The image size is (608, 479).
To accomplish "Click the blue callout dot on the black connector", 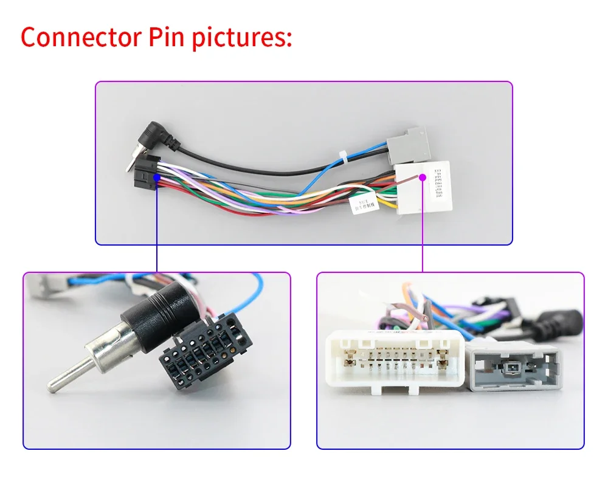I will pos(157,177).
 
